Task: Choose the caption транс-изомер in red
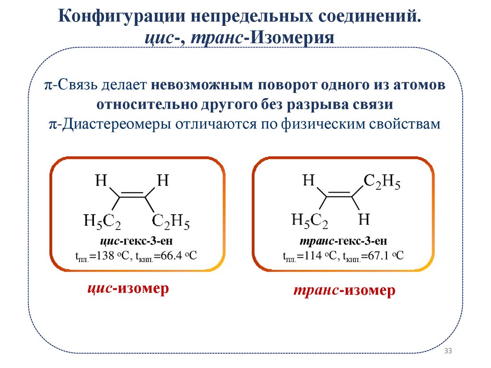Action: coord(344,291)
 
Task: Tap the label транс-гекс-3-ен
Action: coord(343,241)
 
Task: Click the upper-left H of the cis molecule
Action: coord(101,181)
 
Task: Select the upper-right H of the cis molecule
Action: coord(163,181)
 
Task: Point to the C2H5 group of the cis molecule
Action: coord(171,222)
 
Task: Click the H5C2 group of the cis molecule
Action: coord(102,222)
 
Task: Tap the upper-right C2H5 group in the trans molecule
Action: coord(382,182)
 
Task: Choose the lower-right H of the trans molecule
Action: coord(364,220)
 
